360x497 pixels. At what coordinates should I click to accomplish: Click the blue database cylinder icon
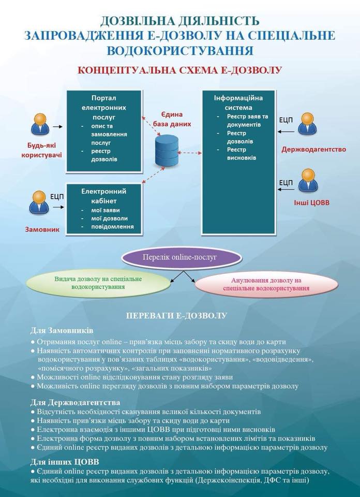(x=167, y=151)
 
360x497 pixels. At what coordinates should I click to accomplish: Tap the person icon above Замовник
(x=39, y=202)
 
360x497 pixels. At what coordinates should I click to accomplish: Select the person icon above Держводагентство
(x=307, y=124)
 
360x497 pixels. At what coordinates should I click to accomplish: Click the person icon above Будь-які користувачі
(x=40, y=125)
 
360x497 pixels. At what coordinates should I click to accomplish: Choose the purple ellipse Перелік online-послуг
(x=182, y=257)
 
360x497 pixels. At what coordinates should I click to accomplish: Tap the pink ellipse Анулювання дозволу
(x=266, y=285)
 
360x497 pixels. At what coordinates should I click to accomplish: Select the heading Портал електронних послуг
(x=103, y=108)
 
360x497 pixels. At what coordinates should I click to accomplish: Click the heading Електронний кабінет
(x=104, y=196)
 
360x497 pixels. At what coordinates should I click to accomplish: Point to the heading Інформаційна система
(x=238, y=103)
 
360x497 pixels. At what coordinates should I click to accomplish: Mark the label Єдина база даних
(x=172, y=119)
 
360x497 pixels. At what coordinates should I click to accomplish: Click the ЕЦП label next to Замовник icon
(x=57, y=197)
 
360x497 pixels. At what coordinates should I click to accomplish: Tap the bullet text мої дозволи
(x=110, y=218)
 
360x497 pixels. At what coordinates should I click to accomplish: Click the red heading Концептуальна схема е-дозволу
(x=179, y=70)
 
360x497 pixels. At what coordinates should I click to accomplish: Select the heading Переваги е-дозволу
(x=177, y=316)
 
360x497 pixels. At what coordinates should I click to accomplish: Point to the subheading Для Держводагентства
(x=75, y=403)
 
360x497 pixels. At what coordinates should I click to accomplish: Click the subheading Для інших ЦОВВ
(x=65, y=461)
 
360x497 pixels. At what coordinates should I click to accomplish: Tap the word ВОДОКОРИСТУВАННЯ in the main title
(x=180, y=51)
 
